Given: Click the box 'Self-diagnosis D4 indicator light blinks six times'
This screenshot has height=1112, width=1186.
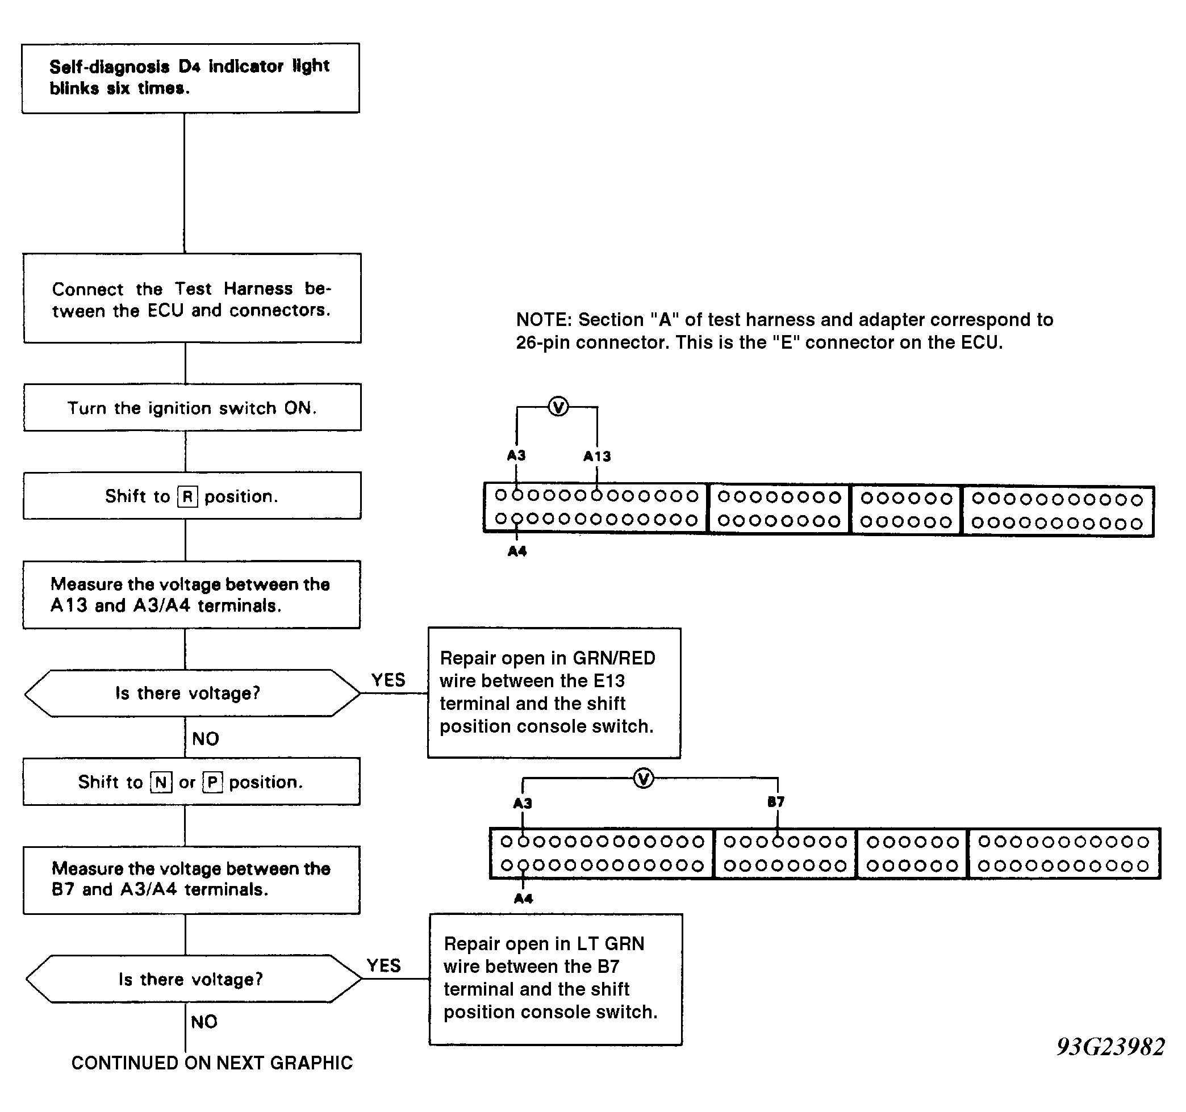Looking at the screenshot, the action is click(191, 78).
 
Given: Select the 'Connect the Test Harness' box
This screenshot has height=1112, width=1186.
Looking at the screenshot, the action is click(192, 298).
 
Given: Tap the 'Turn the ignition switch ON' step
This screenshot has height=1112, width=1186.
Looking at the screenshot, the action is click(192, 407).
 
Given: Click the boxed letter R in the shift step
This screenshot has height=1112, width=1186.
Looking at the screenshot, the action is click(187, 496).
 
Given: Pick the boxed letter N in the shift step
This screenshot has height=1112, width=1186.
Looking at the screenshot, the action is click(161, 782).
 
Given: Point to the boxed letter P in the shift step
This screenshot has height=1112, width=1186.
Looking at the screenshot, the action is click(212, 782).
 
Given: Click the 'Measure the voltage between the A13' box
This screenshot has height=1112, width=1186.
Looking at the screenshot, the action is click(191, 595).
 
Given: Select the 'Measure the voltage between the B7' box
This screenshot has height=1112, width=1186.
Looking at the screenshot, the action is click(191, 880).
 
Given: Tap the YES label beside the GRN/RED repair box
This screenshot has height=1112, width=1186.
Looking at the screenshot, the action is click(389, 680).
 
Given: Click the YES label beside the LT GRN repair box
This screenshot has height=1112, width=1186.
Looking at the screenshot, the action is click(383, 966).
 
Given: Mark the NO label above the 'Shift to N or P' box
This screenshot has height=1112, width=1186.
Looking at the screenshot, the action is click(206, 739).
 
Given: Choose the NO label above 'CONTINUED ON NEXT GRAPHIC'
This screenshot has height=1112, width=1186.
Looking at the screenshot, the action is click(204, 1022).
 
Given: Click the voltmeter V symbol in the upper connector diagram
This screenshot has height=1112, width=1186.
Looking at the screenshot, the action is click(558, 407).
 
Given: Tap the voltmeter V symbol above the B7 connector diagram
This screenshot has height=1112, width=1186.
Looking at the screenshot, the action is click(643, 779).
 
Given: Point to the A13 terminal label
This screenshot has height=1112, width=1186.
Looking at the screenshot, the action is click(597, 457).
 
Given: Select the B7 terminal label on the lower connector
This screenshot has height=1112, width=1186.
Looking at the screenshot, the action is click(775, 802).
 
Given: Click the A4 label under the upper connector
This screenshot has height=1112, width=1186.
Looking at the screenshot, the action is click(517, 551).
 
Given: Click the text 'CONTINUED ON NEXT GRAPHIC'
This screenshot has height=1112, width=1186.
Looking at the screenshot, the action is click(212, 1063).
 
